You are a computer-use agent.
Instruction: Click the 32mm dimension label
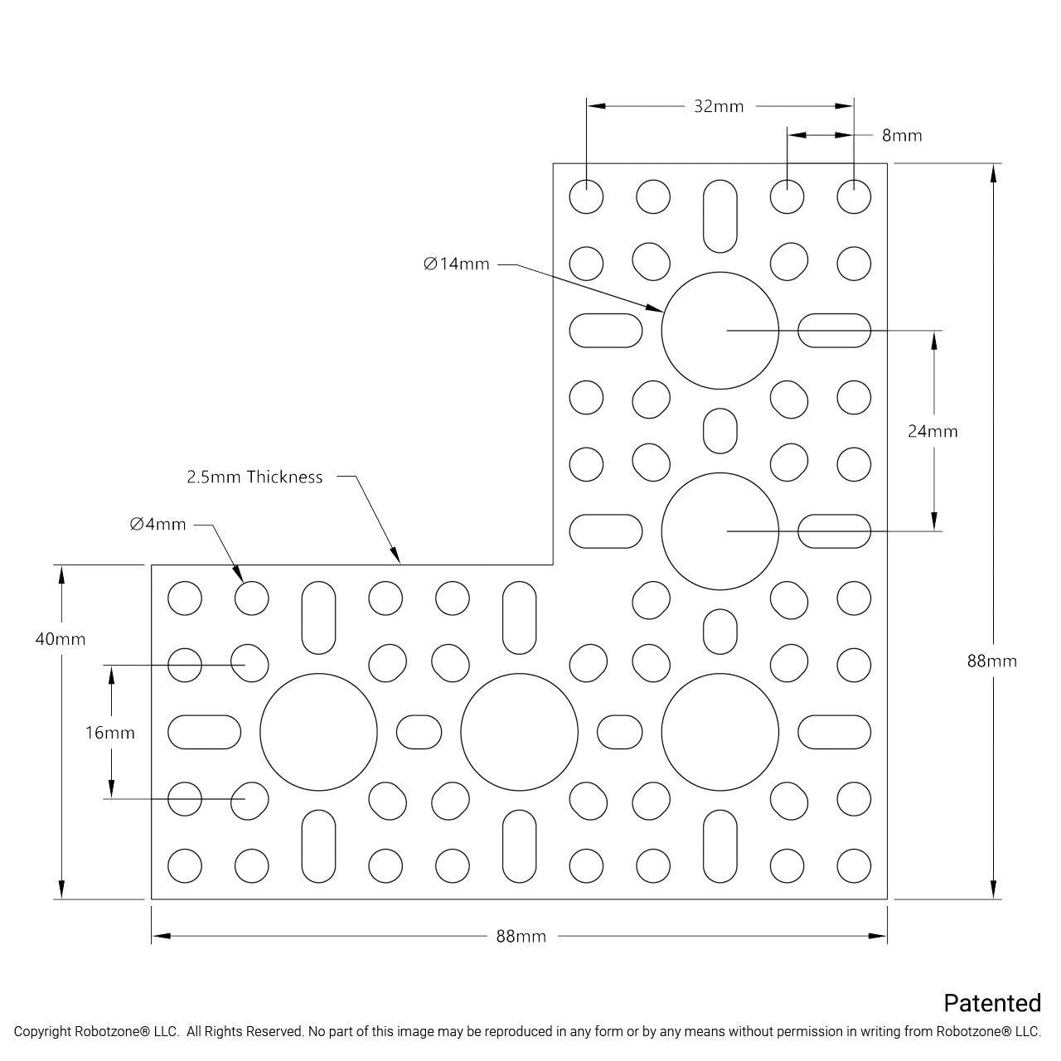719,106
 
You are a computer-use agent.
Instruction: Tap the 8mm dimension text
902,135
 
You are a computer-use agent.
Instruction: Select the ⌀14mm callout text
457,264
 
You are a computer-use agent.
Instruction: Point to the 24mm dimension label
933,431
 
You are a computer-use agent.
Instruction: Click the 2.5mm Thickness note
254,477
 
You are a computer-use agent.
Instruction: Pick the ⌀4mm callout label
158,524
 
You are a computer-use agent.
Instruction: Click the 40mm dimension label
61,639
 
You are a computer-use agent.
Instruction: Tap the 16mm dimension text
110,733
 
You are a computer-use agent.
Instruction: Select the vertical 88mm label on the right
991,661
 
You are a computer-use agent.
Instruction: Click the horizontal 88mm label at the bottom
521,936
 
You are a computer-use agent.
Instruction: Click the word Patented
992,1003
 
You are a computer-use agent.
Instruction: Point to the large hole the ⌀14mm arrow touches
719,330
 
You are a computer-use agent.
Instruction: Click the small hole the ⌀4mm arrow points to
251,598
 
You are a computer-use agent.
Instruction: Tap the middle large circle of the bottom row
519,732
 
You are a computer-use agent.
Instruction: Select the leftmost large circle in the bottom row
318,732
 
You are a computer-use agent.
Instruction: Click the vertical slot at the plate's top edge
719,216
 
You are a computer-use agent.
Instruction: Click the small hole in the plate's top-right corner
854,197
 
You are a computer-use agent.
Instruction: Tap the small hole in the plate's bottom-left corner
184,866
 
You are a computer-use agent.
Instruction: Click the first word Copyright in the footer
42,1032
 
